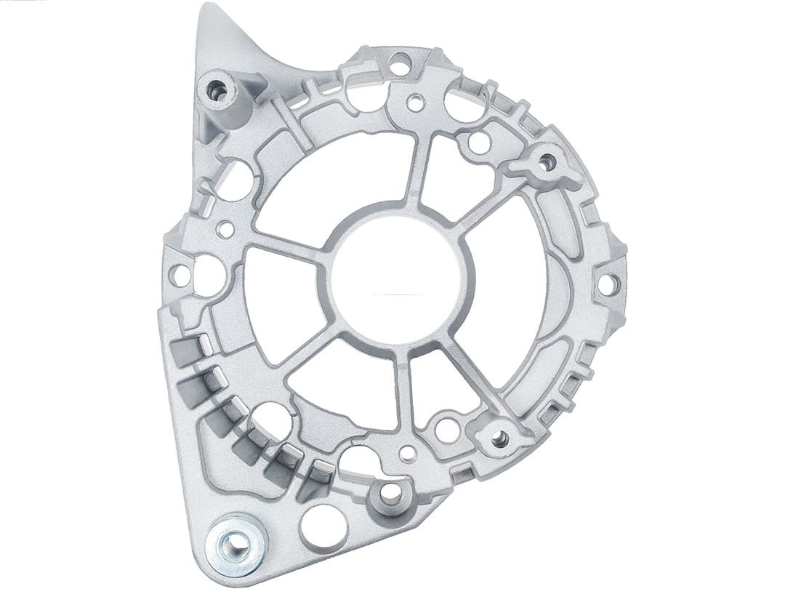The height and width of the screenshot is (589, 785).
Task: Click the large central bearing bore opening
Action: [x=396, y=280]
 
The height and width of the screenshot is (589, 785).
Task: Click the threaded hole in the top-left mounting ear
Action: [x=215, y=90]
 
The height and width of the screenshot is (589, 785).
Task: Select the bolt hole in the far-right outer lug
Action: [x=605, y=284]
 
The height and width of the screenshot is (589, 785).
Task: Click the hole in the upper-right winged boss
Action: [x=547, y=162]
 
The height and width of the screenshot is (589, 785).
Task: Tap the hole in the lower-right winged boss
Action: [x=499, y=438]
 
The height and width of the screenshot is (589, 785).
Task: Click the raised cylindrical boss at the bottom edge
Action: [x=390, y=493]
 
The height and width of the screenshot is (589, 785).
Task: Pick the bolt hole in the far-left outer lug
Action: [x=179, y=275]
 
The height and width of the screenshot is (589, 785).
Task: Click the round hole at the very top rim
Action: [x=399, y=63]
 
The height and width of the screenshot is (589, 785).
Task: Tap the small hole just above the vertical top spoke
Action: [x=415, y=103]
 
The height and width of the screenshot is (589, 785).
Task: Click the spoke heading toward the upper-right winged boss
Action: [x=494, y=196]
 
